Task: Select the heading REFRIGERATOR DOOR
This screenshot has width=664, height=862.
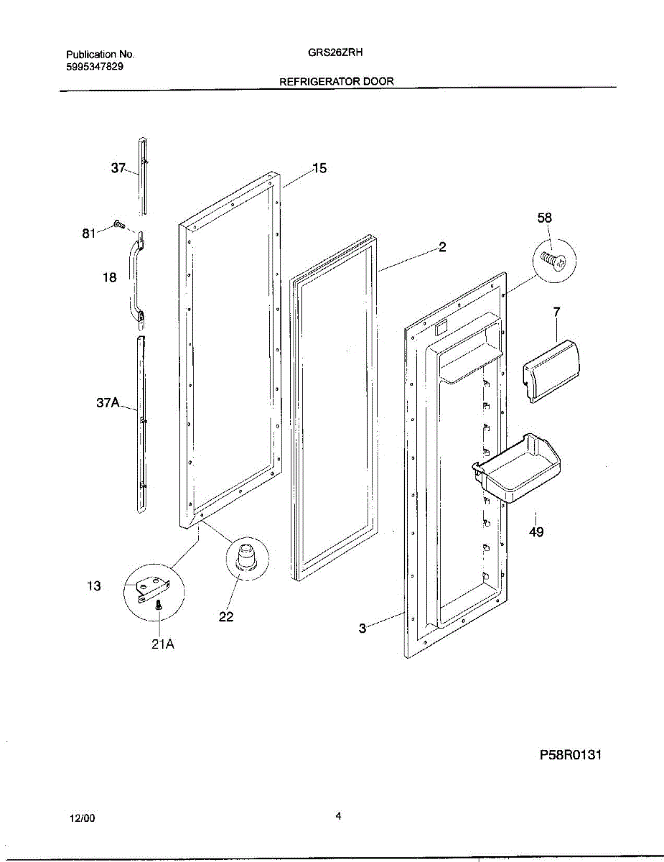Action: (336, 82)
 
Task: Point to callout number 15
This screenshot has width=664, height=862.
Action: (319, 168)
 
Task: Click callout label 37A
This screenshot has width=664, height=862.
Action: (108, 404)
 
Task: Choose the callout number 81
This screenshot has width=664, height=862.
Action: (88, 233)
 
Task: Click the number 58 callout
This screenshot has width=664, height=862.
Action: (545, 217)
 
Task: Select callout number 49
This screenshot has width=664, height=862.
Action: (536, 532)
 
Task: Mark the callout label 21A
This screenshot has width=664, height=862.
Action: (163, 644)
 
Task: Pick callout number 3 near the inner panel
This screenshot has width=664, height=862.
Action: (363, 629)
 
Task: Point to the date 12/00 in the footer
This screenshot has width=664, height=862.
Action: (82, 819)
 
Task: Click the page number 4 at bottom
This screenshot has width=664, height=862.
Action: (338, 816)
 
